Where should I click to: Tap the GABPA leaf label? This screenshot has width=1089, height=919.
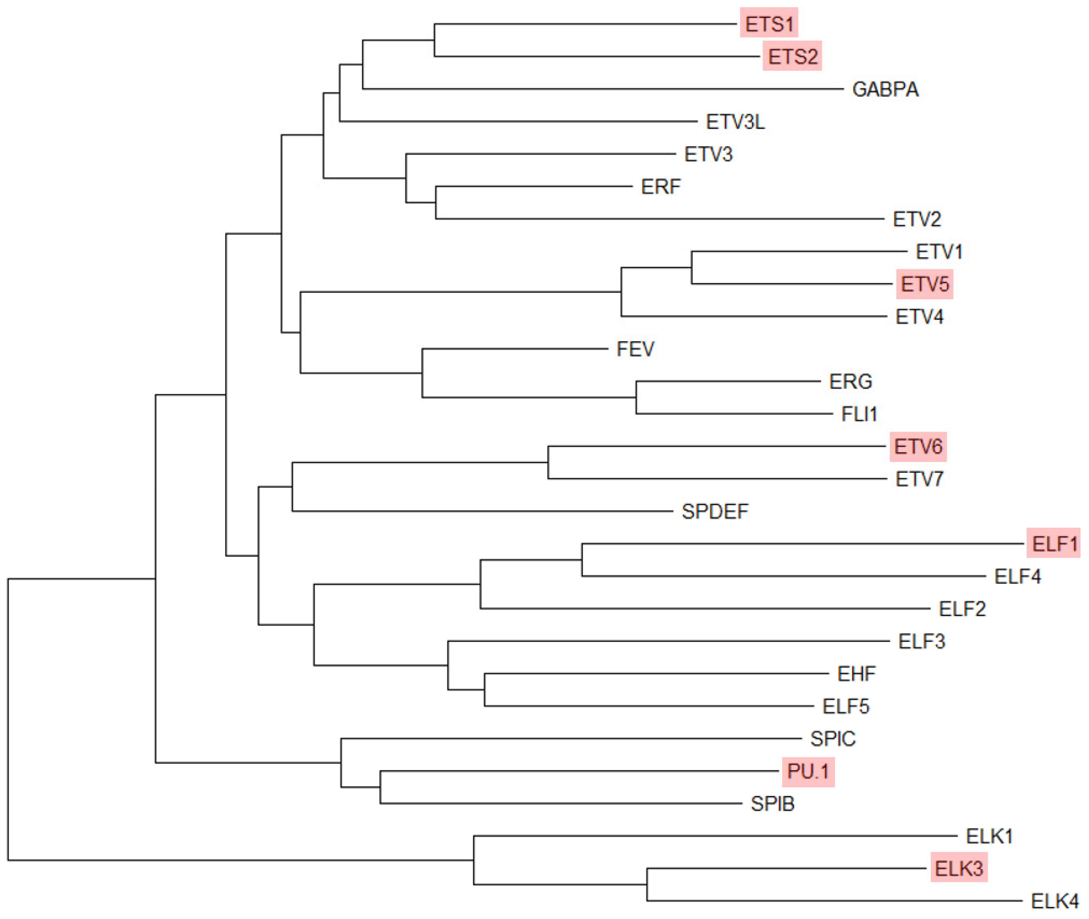pyautogui.click(x=885, y=89)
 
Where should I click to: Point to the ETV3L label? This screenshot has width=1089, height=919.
pyautogui.click(x=735, y=122)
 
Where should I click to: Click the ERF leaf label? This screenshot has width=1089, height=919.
pyautogui.click(x=660, y=186)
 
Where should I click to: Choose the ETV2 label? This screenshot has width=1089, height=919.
pyautogui.click(x=917, y=219)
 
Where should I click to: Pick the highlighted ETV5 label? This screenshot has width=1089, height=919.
pyautogui.click(x=924, y=284)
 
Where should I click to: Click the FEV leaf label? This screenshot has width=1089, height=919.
pyautogui.click(x=635, y=349)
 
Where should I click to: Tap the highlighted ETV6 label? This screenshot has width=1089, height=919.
pyautogui.click(x=918, y=446)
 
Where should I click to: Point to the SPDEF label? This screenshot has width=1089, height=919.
pyautogui.click(x=714, y=512)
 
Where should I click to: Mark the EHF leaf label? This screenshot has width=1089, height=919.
pyautogui.click(x=856, y=674)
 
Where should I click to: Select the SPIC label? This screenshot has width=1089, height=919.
pyautogui.click(x=832, y=739)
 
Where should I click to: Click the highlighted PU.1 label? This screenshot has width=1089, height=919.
pyautogui.click(x=808, y=771)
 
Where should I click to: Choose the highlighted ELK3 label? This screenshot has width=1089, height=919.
pyautogui.click(x=958, y=868)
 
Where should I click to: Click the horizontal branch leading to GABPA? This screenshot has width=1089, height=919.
pyautogui.click(x=599, y=89)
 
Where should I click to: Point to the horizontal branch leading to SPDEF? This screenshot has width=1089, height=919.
pyautogui.click(x=479, y=511)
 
